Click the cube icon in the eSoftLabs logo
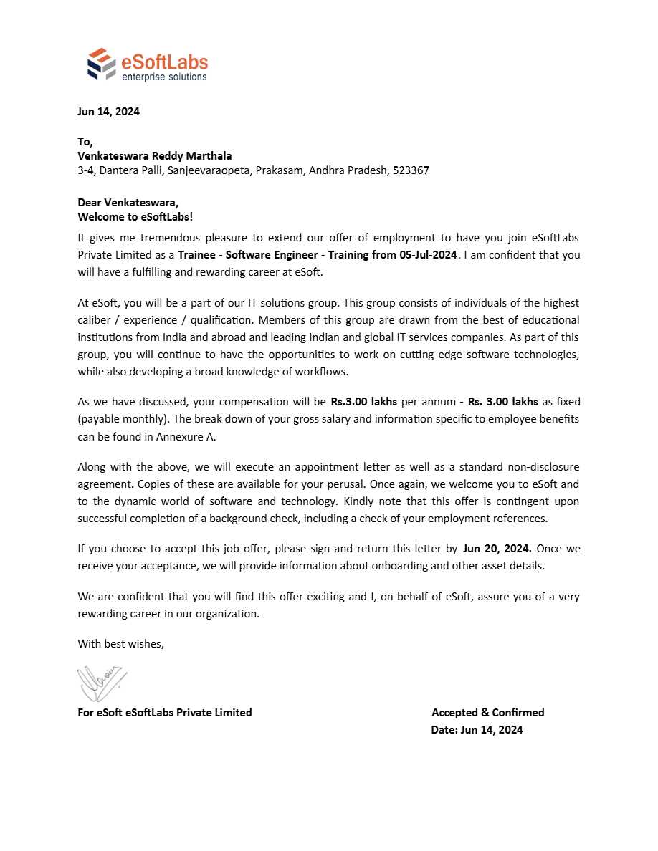click(x=101, y=64)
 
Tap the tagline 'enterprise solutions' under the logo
click(x=164, y=77)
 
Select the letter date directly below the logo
click(x=108, y=112)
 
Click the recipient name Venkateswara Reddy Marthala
click(x=154, y=156)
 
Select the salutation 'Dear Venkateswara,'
click(x=128, y=203)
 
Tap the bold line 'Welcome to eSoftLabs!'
click(x=135, y=216)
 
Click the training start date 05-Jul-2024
click(x=428, y=255)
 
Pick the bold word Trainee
click(x=197, y=255)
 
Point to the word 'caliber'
click(x=95, y=320)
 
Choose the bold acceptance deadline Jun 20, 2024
click(x=497, y=549)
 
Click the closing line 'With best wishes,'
click(x=120, y=644)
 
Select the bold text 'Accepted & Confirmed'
click(x=487, y=713)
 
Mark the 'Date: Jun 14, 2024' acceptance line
click(x=477, y=730)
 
